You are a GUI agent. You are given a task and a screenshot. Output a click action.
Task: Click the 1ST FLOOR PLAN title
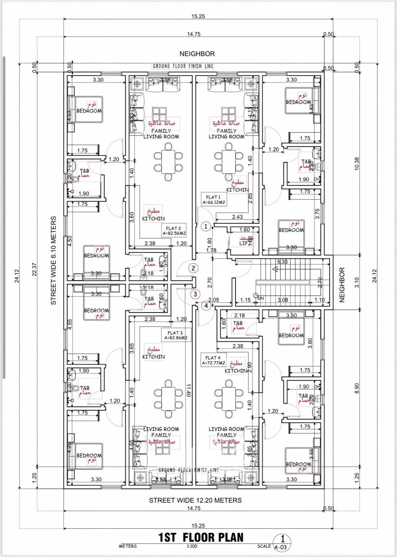coord(200,537)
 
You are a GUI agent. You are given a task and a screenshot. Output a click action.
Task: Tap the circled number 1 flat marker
coord(205,226)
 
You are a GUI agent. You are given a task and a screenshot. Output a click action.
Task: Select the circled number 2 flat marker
coord(193,268)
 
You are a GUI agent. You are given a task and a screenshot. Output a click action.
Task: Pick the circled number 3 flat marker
coord(195,294)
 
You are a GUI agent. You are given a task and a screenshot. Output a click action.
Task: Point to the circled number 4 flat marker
coord(206,306)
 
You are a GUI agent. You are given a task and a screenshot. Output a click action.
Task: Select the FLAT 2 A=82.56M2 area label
coord(173,230)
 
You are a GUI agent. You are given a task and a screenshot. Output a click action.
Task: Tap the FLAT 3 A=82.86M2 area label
coord(175,335)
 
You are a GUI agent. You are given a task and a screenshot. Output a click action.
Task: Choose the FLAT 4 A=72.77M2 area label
coord(213,360)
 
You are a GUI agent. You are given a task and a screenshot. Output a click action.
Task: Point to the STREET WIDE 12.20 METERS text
coord(195,500)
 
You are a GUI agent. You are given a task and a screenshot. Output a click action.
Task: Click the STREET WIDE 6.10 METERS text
coord(54,260)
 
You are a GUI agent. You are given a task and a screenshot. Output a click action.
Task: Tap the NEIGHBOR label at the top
coord(197,54)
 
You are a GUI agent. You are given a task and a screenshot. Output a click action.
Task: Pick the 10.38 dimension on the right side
coord(356,164)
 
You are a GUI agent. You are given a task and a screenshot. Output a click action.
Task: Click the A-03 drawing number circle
coord(282,542)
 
